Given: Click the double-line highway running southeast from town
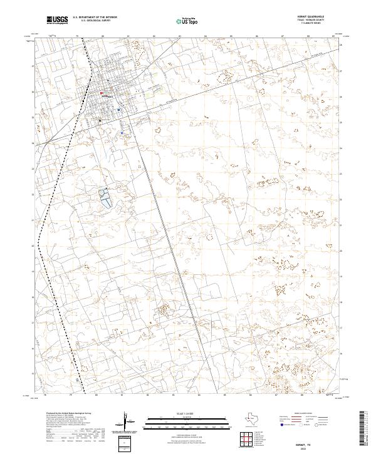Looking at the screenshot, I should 163,232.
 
